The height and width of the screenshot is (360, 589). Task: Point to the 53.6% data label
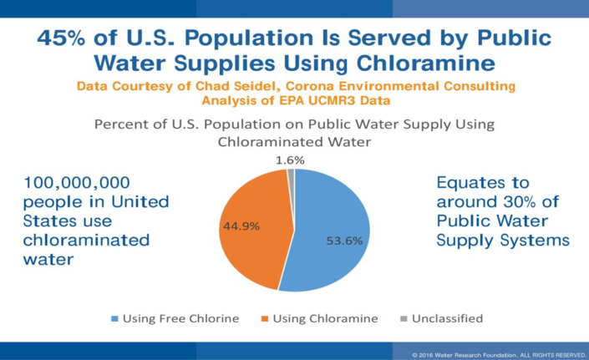pos(343,241)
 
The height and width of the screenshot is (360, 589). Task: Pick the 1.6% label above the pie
pos(291,160)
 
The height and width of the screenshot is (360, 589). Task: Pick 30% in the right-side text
pos(513,201)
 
